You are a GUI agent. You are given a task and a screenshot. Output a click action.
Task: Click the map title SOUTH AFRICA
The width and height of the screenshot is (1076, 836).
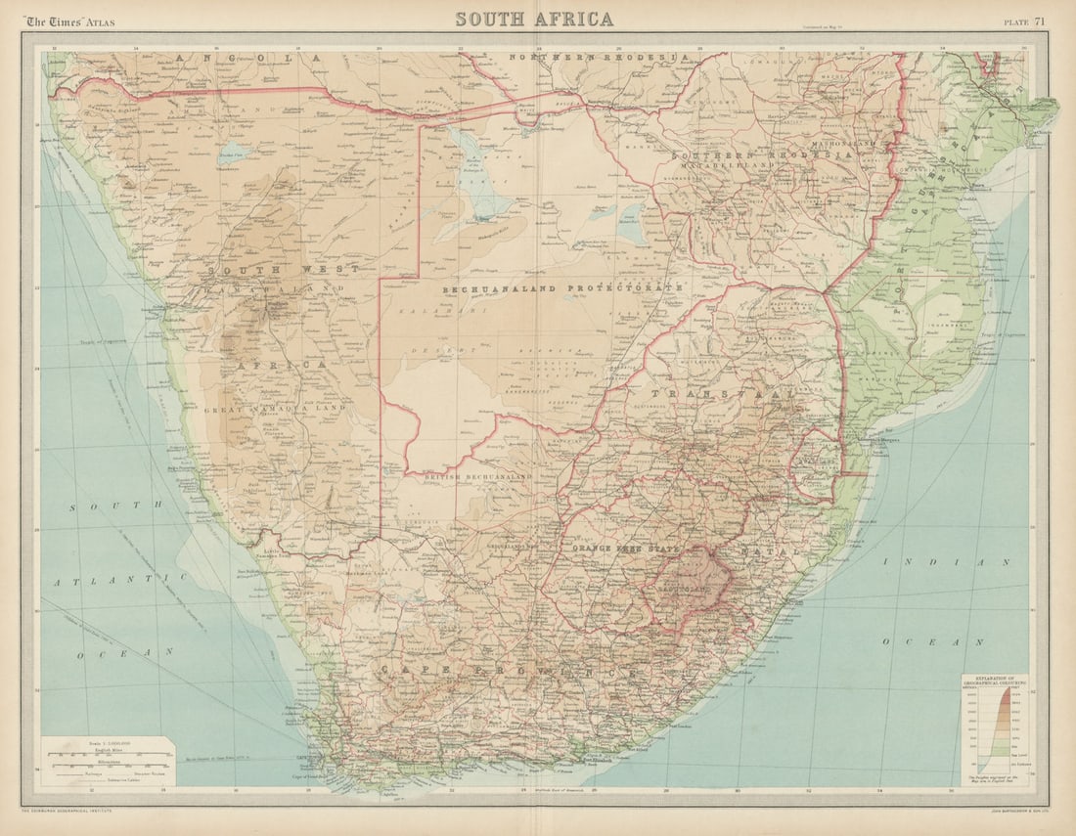(x=534, y=19)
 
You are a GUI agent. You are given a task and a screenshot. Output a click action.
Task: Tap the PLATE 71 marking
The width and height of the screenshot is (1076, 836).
(x=1024, y=22)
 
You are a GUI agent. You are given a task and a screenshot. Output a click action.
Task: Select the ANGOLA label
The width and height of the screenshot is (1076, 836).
(x=249, y=59)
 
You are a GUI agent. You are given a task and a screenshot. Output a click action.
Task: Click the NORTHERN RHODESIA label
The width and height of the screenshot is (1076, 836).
(x=600, y=58)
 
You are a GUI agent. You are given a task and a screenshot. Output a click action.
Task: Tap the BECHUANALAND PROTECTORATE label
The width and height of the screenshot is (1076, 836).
(x=562, y=289)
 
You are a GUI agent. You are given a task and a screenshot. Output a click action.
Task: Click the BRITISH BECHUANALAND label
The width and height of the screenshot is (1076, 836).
(x=478, y=476)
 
